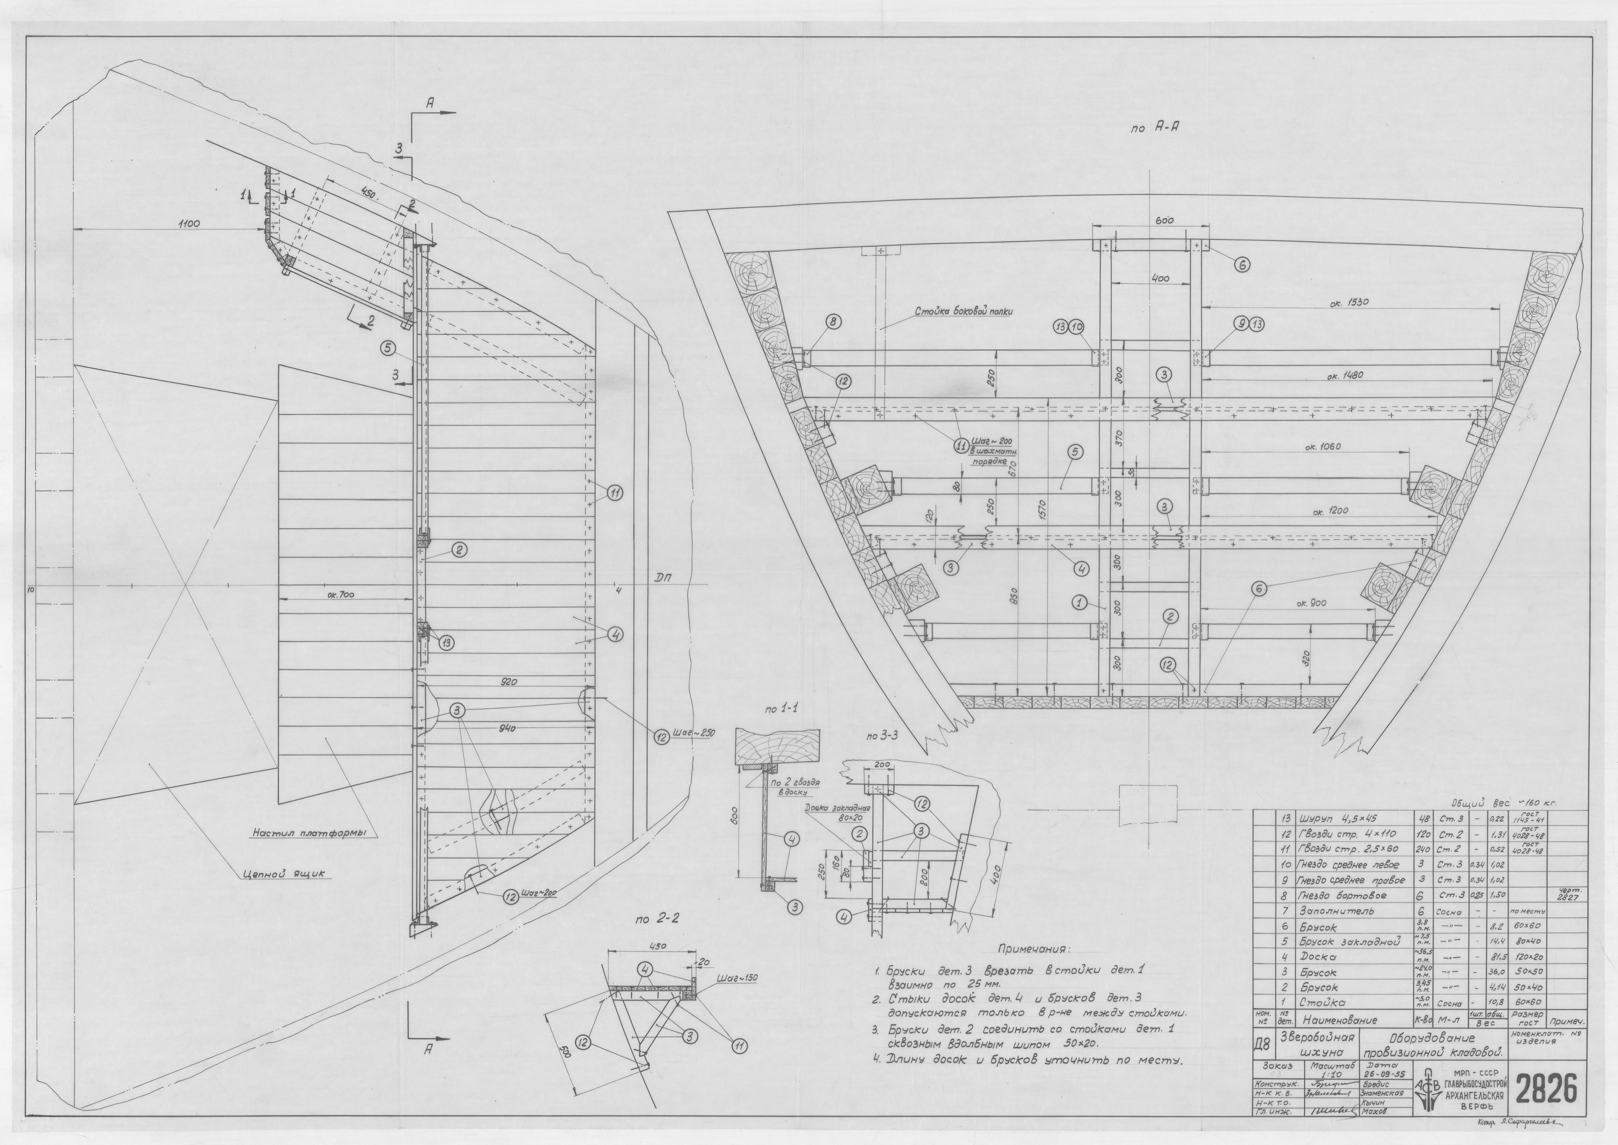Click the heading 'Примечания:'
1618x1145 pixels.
tap(1034, 948)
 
